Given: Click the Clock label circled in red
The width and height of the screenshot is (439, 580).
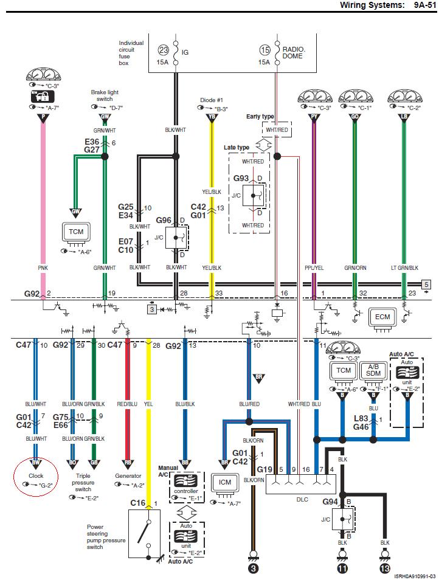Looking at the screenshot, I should (x=36, y=476).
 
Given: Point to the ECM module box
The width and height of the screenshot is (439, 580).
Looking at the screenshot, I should (x=382, y=317).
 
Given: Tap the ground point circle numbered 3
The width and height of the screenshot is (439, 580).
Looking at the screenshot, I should (x=252, y=568).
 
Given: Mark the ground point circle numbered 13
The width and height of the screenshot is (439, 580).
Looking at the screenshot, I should (x=384, y=568).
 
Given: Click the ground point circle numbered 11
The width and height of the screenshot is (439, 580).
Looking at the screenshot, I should (x=343, y=568).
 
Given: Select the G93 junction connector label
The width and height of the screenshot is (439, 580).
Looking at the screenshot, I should (x=241, y=179).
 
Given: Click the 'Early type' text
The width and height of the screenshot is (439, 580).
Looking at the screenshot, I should (x=260, y=116).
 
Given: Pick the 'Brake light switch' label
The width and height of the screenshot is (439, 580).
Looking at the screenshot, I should (x=102, y=95).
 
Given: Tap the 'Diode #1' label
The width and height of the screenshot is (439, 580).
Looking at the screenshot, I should (x=212, y=100).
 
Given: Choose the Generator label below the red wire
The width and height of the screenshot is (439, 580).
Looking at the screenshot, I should (x=128, y=476).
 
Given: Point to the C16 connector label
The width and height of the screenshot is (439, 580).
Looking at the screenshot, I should (x=138, y=503).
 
